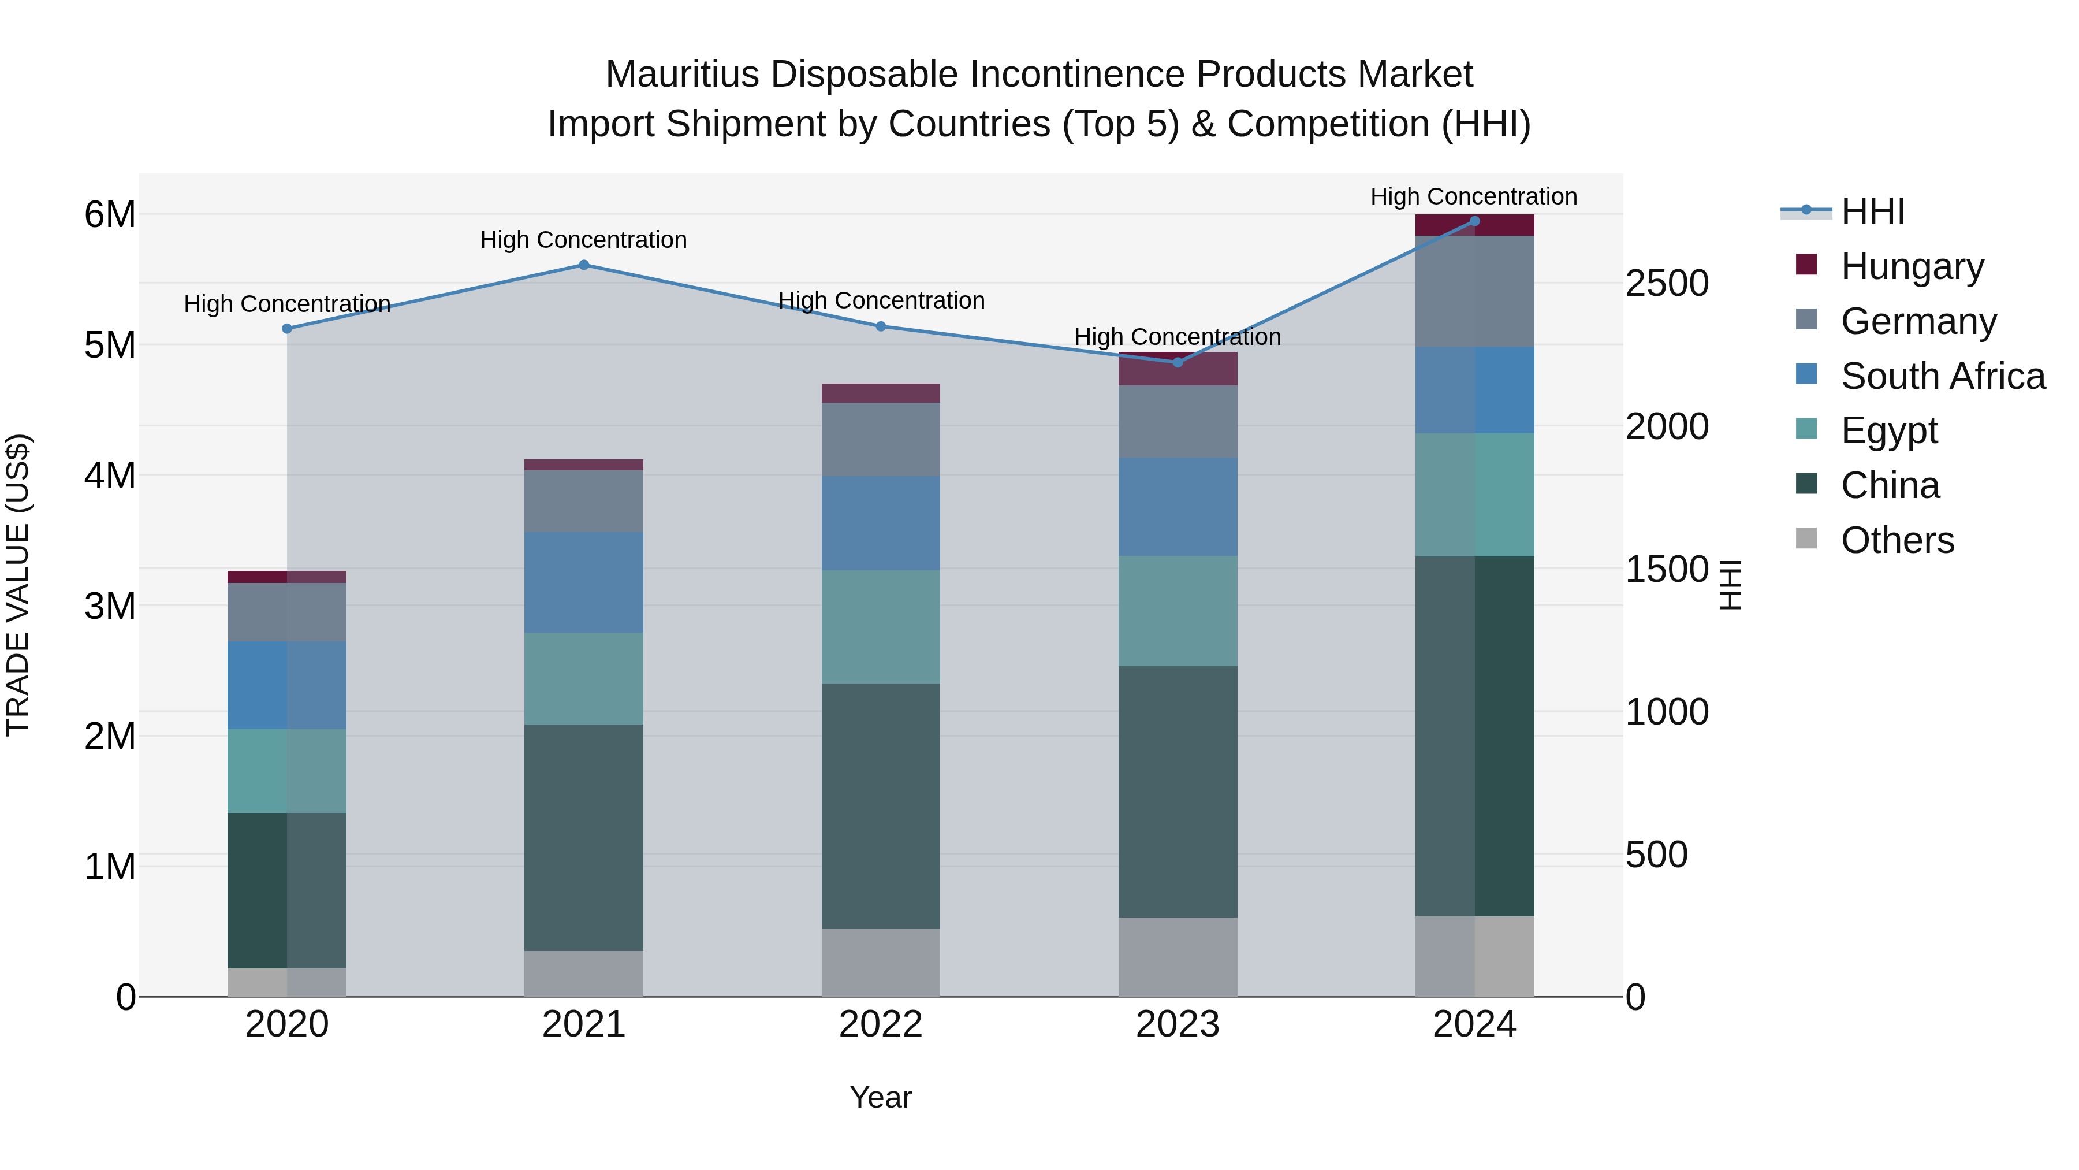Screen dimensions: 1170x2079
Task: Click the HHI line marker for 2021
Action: [x=583, y=265]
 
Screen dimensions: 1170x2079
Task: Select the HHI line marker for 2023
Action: [x=1178, y=362]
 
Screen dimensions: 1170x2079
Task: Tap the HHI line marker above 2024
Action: [x=1474, y=221]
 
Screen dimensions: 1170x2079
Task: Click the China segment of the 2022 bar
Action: [x=881, y=806]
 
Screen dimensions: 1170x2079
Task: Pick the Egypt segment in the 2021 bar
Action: [x=583, y=678]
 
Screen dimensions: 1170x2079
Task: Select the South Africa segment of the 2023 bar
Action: [x=1178, y=506]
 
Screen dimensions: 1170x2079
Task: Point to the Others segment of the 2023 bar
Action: [x=1178, y=956]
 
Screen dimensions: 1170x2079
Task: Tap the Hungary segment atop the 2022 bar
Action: [x=881, y=393]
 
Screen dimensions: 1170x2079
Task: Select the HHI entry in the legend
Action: [x=1872, y=211]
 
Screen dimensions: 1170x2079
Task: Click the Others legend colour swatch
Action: [x=1806, y=538]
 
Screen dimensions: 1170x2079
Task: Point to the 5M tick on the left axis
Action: [x=110, y=346]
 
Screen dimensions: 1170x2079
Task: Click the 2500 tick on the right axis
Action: [x=1667, y=284]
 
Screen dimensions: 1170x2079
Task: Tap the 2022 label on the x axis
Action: [x=881, y=1024]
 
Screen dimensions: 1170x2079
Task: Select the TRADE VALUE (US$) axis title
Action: [x=18, y=585]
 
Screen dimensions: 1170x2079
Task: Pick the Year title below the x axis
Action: [x=881, y=1097]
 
